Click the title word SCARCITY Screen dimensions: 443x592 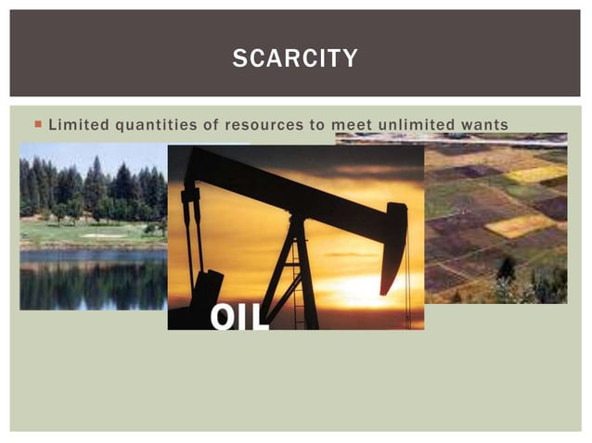click(x=295, y=58)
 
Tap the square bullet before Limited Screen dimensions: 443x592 click(x=36, y=124)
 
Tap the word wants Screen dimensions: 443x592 click(x=486, y=124)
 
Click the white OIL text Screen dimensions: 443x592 click(x=238, y=316)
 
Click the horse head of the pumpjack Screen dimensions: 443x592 click(x=393, y=241)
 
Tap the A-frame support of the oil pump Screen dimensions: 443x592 click(x=297, y=269)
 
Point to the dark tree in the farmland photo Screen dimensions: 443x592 click(x=507, y=270)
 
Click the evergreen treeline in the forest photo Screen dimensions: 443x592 click(x=93, y=190)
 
